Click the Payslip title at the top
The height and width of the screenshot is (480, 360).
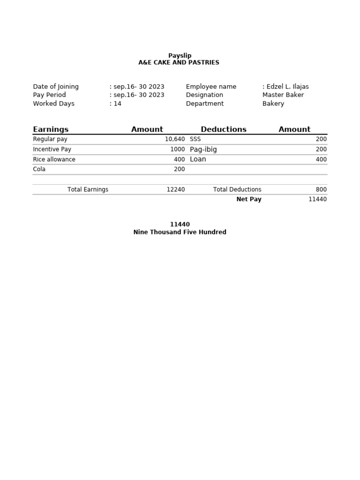coord(180,55)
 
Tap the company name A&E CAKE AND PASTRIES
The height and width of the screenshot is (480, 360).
coord(179,62)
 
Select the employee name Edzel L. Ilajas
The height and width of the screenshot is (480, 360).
coord(287,87)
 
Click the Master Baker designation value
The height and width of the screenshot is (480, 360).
coord(283,95)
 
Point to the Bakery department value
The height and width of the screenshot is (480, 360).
coord(273,104)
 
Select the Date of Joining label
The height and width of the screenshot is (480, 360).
coord(56,87)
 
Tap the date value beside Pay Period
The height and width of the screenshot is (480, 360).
coord(138,95)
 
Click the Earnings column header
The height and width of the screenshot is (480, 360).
coord(51,129)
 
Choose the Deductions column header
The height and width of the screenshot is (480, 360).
coord(224,129)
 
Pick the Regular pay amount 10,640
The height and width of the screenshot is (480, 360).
coord(174,140)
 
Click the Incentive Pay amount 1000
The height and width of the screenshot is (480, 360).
coord(177,150)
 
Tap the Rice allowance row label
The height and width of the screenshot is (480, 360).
coord(54,159)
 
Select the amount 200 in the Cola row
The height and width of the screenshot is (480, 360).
coord(179,169)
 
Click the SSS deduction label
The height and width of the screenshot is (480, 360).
coord(195,140)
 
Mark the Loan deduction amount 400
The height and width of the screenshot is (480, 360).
coord(321,159)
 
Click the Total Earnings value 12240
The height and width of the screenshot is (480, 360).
coord(175,189)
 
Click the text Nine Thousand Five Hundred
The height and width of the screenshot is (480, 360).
coord(180,232)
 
